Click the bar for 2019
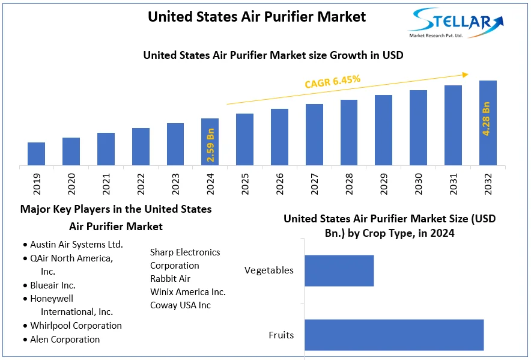[x=36, y=154]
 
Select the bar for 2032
[x=488, y=123]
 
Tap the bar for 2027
[x=314, y=135]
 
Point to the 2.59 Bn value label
[x=211, y=144]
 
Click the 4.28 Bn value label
[x=487, y=118]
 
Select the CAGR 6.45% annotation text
[x=332, y=82]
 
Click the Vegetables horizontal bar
[x=339, y=270]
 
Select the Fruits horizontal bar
[x=393, y=335]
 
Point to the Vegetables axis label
[x=269, y=270]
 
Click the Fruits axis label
[x=281, y=335]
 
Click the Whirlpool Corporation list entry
[x=76, y=326]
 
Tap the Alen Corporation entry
[x=65, y=340]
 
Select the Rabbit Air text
[x=170, y=279]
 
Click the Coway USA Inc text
[x=180, y=305]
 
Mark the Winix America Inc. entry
[x=188, y=292]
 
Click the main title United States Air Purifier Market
[x=256, y=17]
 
